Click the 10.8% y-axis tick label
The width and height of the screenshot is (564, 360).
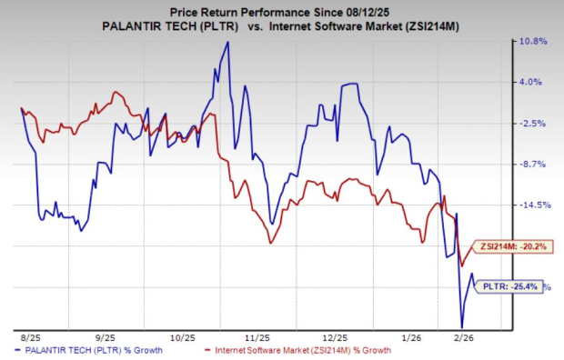(534, 41)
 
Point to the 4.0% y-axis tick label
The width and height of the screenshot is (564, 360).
(531, 82)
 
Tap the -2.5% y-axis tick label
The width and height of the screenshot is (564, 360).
(533, 124)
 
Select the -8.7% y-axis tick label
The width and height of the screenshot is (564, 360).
(533, 165)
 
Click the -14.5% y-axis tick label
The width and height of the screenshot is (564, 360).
(536, 205)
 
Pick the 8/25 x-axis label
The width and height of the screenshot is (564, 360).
(31, 338)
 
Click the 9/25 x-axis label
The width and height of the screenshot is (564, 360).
(106, 338)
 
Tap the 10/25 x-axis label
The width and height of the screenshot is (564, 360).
(183, 338)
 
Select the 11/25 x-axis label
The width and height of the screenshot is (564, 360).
(257, 338)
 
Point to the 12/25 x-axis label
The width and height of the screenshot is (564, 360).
(336, 338)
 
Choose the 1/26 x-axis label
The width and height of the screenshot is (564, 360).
(412, 338)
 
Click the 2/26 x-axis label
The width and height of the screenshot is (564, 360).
(464, 338)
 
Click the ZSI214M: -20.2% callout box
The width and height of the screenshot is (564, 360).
(512, 246)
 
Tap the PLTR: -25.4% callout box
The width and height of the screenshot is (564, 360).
(509, 286)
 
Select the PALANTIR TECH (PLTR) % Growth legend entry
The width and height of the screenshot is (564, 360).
(88, 350)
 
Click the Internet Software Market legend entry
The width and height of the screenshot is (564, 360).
(297, 350)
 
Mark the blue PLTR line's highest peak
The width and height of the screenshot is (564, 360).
(227, 42)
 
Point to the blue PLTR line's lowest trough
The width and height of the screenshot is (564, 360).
(462, 327)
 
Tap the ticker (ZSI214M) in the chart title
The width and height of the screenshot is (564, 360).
(431, 27)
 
